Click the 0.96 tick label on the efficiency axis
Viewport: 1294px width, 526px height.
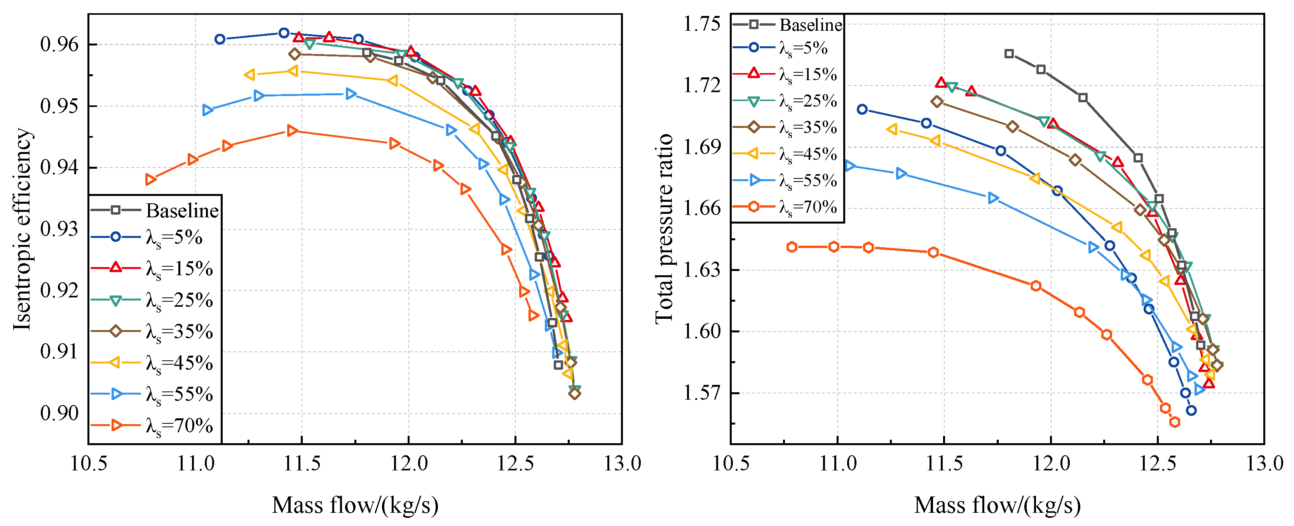(59, 45)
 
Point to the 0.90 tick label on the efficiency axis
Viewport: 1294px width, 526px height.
(59, 414)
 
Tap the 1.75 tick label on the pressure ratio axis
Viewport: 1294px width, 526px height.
(702, 24)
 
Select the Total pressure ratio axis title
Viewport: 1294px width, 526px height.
(664, 229)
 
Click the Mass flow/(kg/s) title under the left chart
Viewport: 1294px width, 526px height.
(355, 505)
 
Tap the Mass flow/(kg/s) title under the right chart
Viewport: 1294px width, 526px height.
(997, 505)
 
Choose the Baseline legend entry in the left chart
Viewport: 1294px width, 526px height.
(155, 210)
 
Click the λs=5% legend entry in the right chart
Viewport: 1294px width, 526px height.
(780, 49)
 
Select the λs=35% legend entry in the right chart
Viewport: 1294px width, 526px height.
(785, 128)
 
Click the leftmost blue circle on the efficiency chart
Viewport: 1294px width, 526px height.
(220, 39)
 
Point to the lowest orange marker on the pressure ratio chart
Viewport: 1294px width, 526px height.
(1174, 422)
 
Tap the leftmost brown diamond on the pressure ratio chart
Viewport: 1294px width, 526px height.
(937, 101)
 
